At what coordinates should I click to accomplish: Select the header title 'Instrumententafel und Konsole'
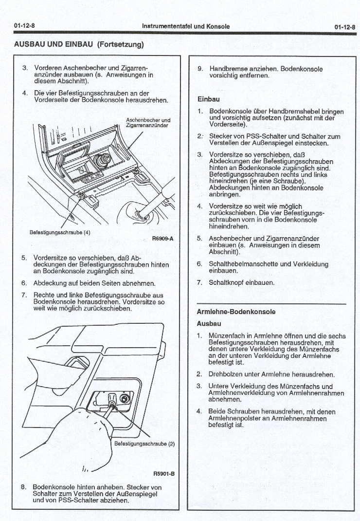tap(185, 26)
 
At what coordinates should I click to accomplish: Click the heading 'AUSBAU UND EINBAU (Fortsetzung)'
tap(79, 44)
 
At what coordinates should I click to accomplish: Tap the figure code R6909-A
tap(162, 239)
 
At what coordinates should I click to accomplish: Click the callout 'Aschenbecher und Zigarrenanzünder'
tap(148, 122)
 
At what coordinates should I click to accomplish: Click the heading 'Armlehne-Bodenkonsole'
tap(235, 312)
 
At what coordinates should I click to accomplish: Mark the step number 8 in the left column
tap(23, 487)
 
